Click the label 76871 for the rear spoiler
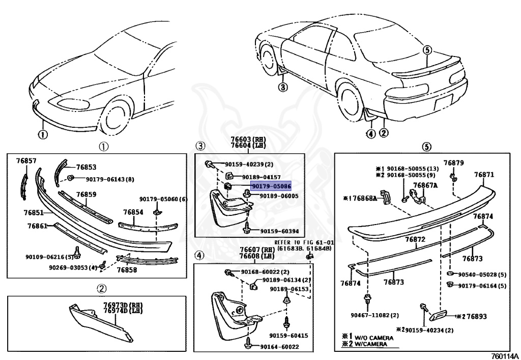point(484,174)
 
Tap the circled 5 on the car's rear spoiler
point(427,49)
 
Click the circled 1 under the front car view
point(42,135)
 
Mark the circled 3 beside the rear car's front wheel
point(283,87)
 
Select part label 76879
point(453,163)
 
